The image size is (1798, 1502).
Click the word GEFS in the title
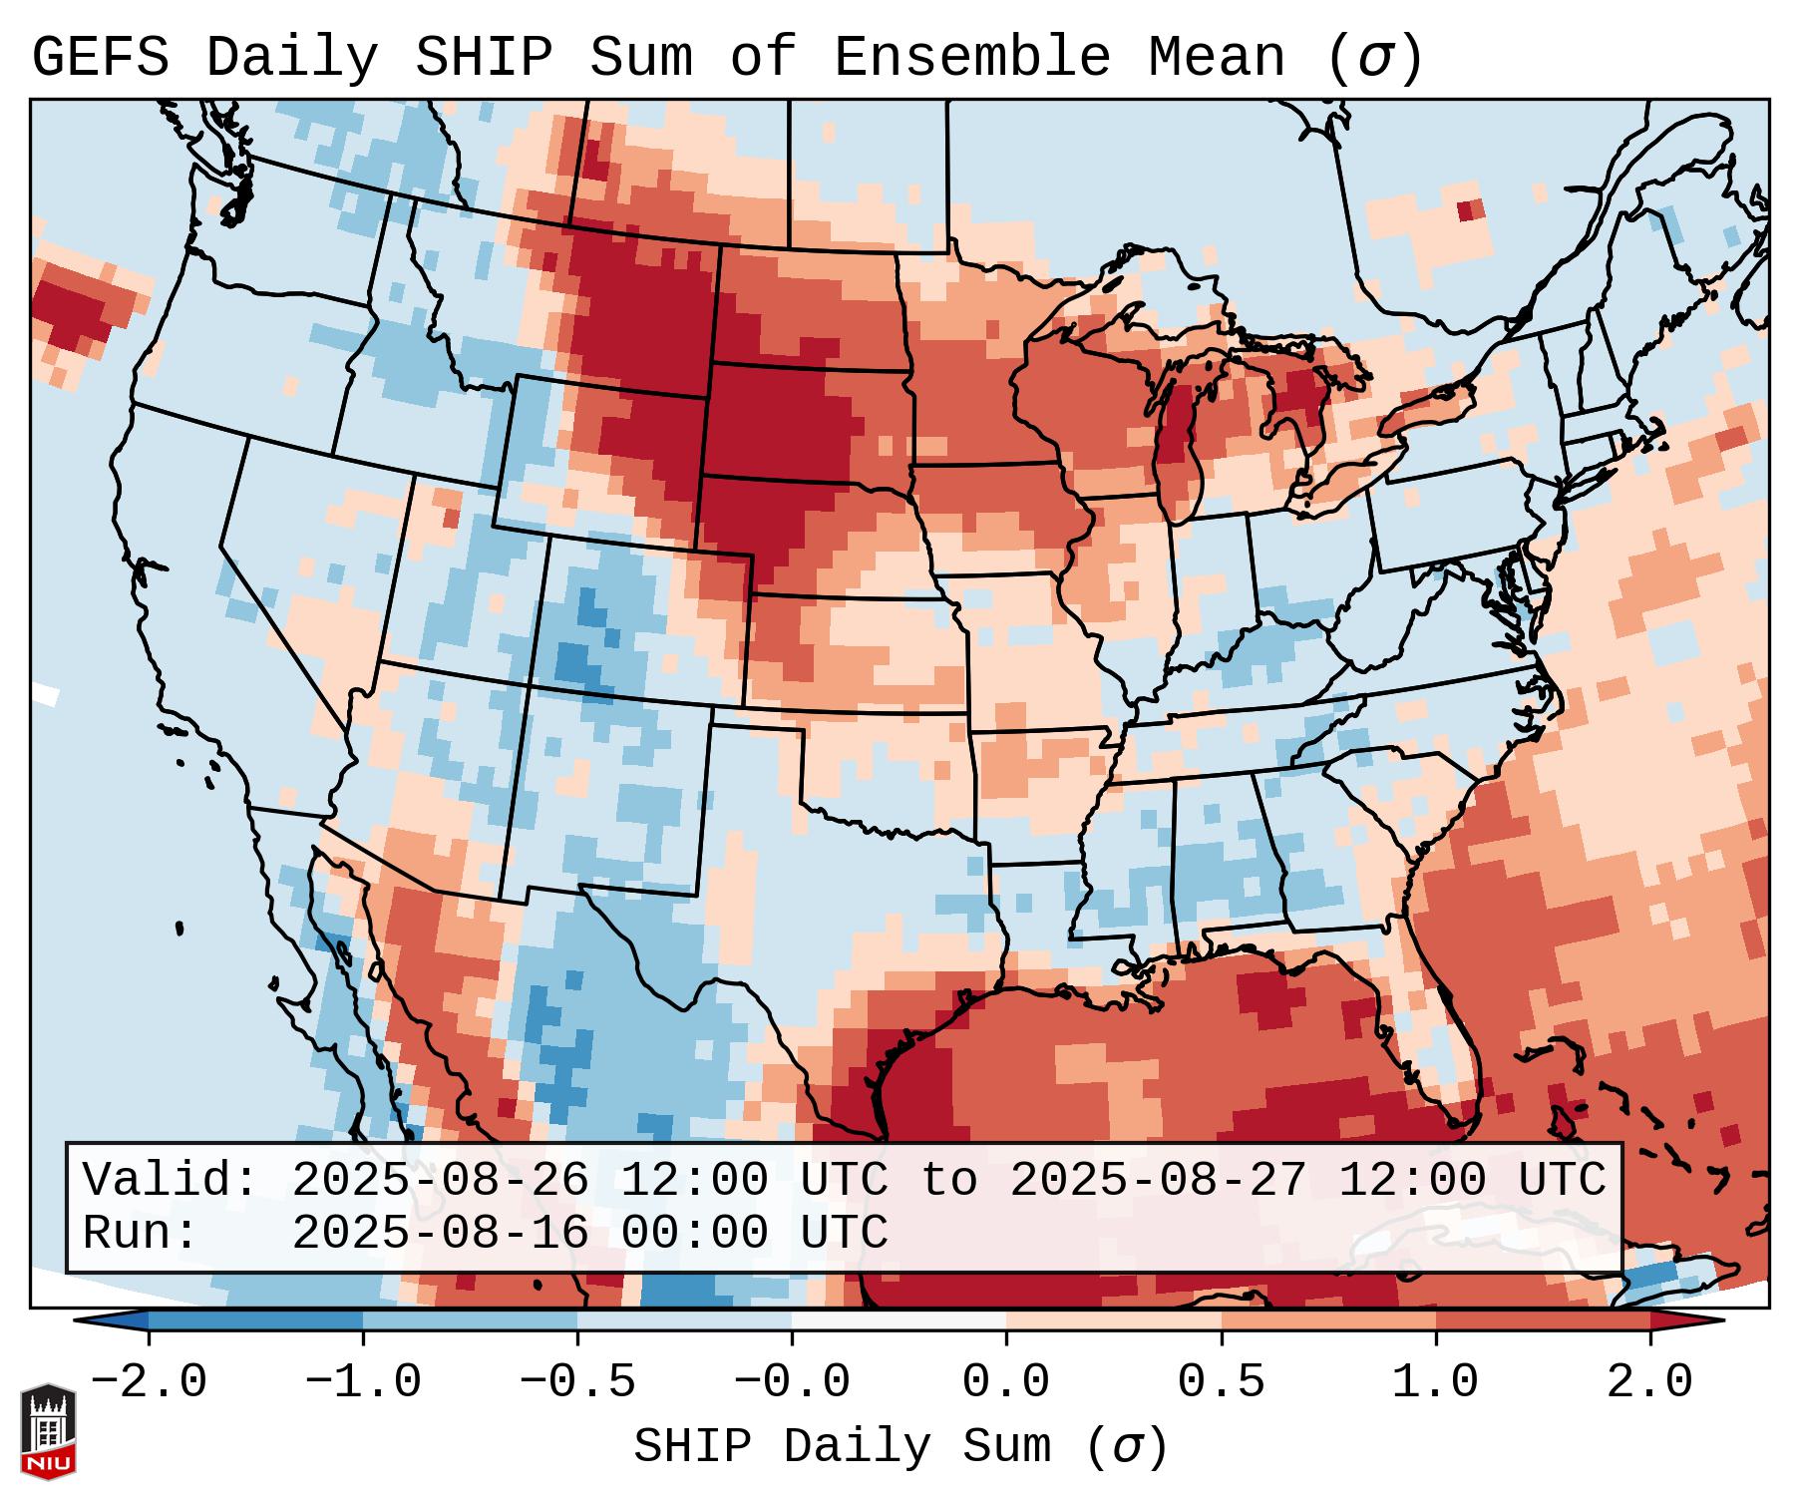tap(100, 58)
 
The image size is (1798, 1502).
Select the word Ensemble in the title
tap(971, 58)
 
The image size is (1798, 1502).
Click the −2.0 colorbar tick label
tap(149, 1382)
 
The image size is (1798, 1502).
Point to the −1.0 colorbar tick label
tap(363, 1382)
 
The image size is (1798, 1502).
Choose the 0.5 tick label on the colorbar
tap(1221, 1382)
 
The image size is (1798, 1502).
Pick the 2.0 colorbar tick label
tap(1649, 1382)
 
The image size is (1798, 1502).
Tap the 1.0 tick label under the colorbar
tap(1435, 1382)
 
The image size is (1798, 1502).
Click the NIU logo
tap(48, 1431)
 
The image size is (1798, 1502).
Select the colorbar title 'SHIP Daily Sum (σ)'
tap(899, 1446)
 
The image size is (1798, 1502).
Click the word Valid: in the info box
tap(171, 1180)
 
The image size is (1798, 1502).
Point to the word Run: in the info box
tap(140, 1233)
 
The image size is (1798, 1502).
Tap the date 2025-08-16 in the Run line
tap(440, 1233)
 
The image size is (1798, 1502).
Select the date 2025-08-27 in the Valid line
tap(1158, 1180)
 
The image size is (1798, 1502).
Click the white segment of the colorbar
tap(899, 1320)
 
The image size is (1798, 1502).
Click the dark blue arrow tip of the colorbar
tap(110, 1320)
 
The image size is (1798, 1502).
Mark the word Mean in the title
tap(1217, 58)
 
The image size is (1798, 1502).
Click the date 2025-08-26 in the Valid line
tap(440, 1180)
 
